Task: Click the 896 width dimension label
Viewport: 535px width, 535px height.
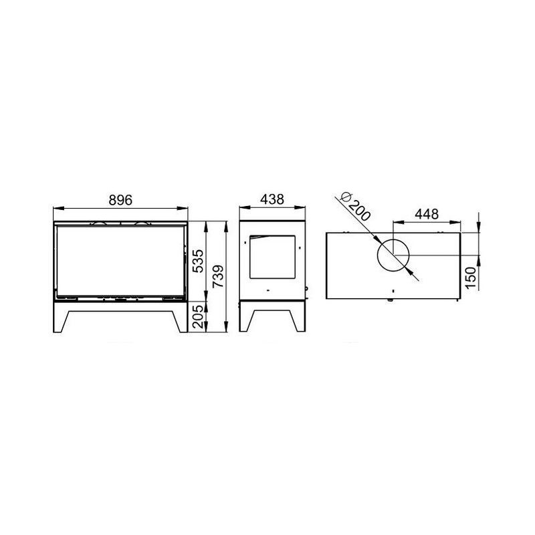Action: point(120,200)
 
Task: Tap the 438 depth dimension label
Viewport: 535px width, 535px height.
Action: point(272,199)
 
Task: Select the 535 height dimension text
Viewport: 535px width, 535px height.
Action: point(198,261)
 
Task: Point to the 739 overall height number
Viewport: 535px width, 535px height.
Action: point(218,276)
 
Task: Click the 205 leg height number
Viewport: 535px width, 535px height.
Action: point(198,316)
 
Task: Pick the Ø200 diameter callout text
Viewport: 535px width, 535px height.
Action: point(356,207)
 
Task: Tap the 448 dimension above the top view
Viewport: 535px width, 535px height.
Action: point(427,214)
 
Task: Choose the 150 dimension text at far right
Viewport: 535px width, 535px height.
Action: point(471,278)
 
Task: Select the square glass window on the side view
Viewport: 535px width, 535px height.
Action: point(273,257)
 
